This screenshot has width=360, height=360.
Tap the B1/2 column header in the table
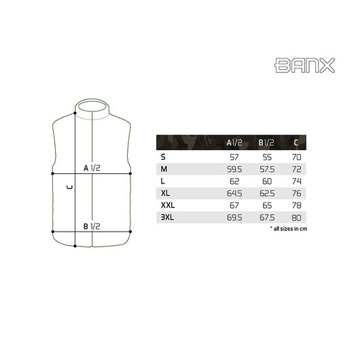(268, 143)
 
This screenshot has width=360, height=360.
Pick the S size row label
(163, 157)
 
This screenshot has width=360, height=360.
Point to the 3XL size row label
(167, 217)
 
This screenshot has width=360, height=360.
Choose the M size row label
(164, 169)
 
